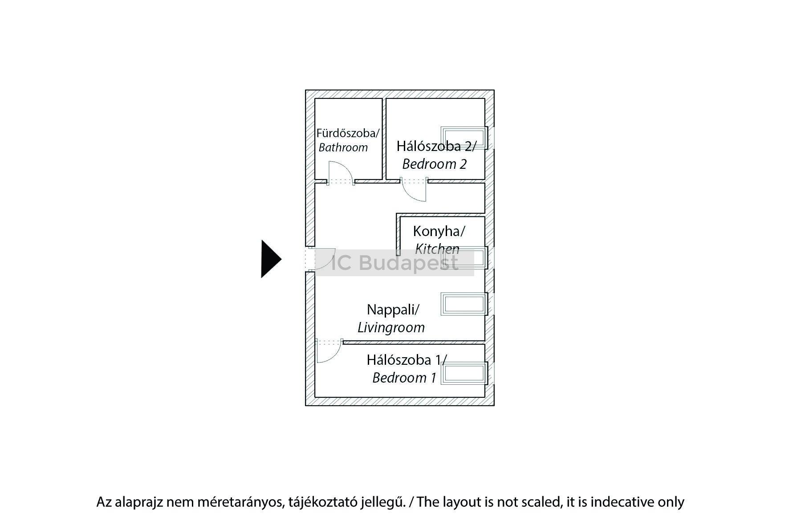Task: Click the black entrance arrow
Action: (270, 259)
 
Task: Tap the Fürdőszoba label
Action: (347, 133)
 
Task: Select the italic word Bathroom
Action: (343, 147)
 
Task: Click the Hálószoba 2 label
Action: (436, 146)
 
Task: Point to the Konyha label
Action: (439, 231)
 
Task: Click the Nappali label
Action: (393, 309)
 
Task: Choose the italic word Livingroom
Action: (391, 328)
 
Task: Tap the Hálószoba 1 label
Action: (406, 359)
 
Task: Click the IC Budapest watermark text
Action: (394, 263)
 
